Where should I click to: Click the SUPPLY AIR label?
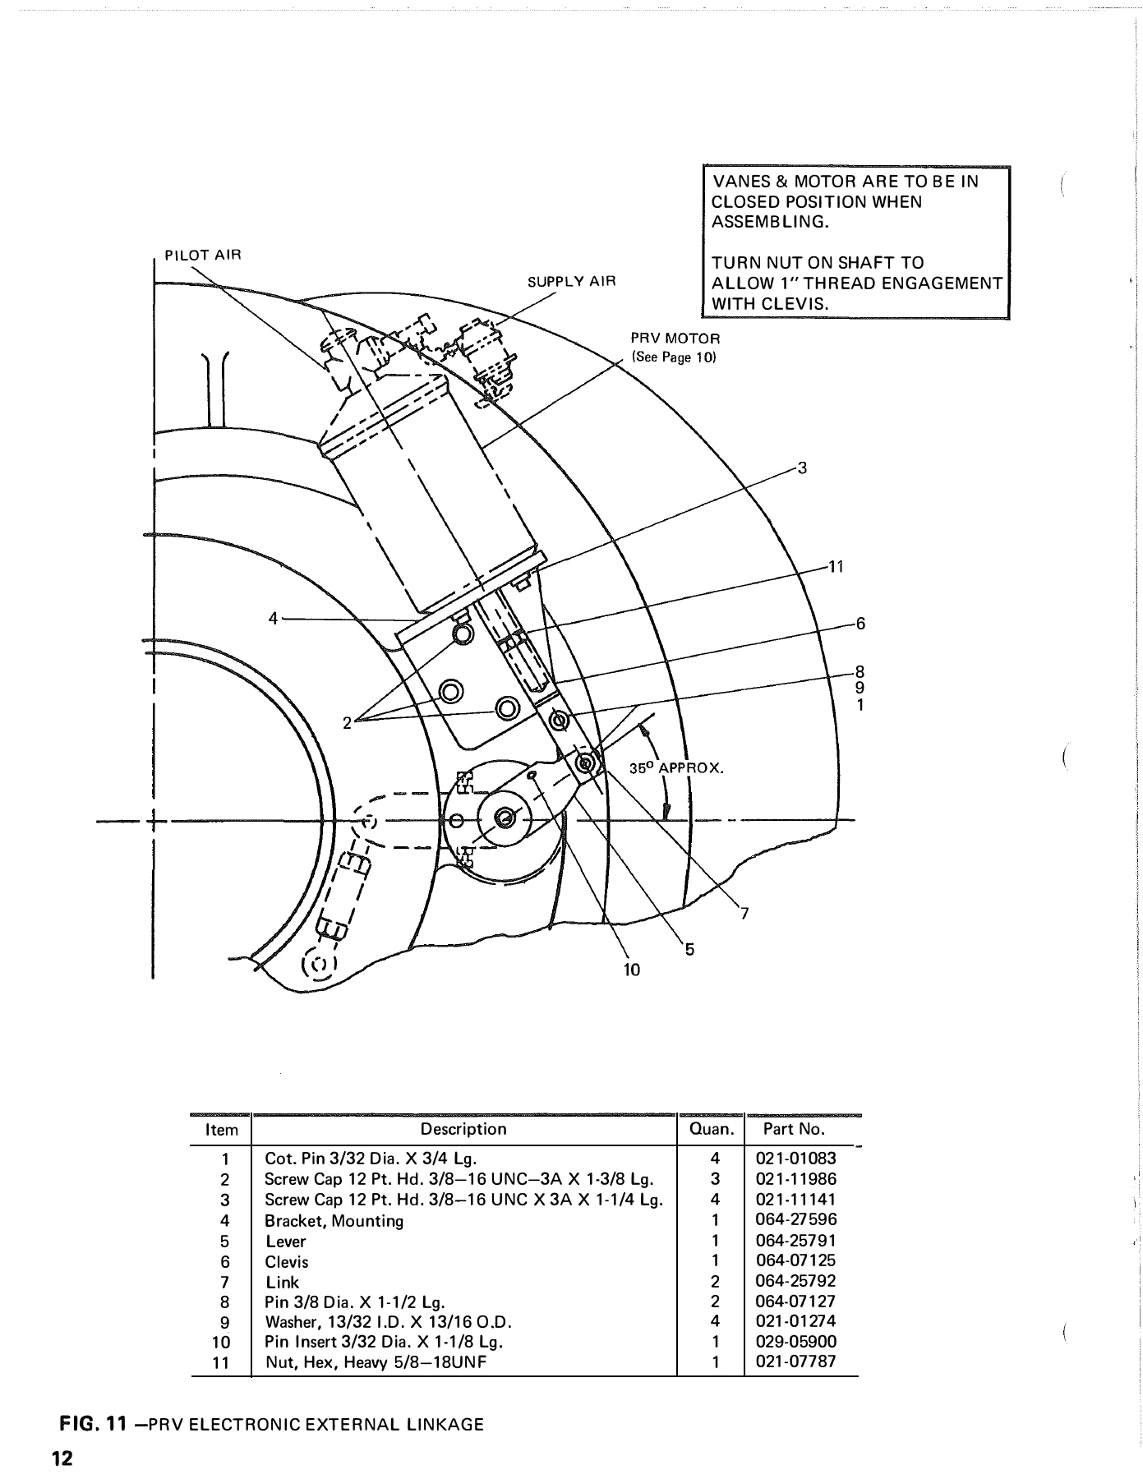point(571,282)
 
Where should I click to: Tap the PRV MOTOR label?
point(675,339)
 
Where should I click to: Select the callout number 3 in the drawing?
point(803,468)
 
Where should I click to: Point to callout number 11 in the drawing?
point(836,567)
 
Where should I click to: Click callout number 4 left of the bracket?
point(274,618)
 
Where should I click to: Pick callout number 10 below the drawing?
point(631,970)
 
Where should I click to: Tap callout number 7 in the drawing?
point(744,913)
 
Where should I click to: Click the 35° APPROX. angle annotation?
point(675,769)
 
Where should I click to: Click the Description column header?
point(463,1129)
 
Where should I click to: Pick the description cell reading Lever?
point(285,1241)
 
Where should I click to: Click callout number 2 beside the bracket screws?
point(348,722)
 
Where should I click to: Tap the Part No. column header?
point(794,1129)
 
